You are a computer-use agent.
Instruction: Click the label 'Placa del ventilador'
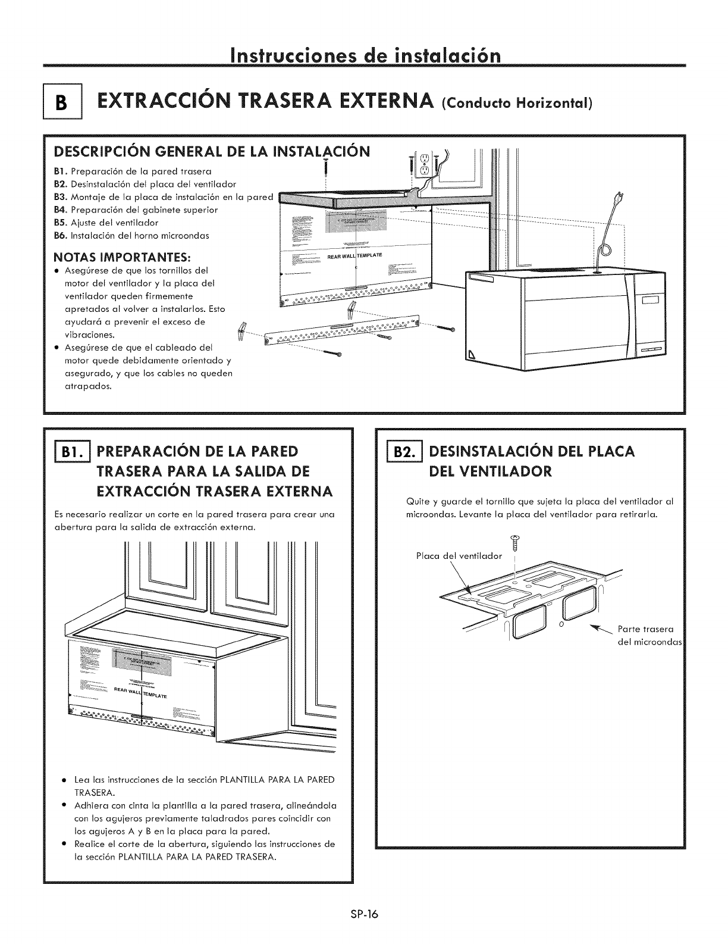[x=458, y=556]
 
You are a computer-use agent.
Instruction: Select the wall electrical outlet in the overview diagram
[x=423, y=164]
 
